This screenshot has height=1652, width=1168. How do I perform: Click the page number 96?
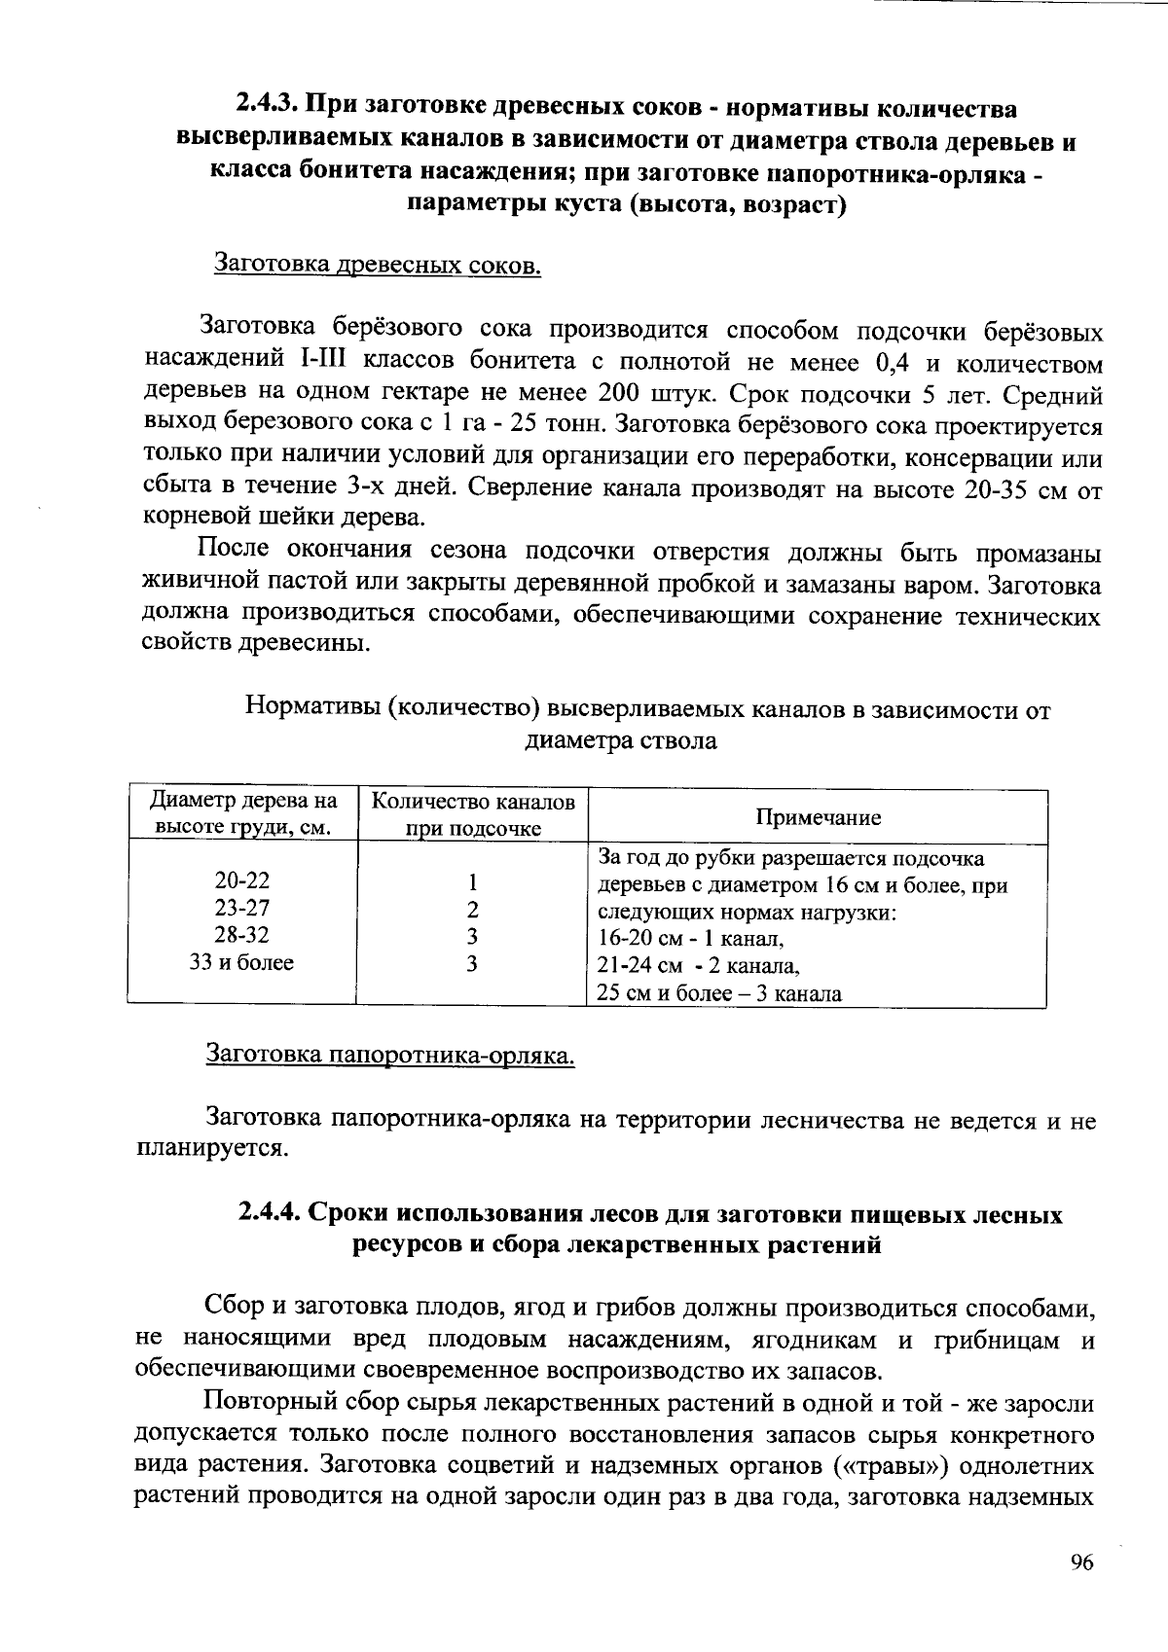(x=1082, y=1562)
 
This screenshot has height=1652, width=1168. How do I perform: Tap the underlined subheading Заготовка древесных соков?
(x=377, y=265)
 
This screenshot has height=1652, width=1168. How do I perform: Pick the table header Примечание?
(x=818, y=817)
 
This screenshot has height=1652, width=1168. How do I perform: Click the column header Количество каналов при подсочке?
(x=474, y=815)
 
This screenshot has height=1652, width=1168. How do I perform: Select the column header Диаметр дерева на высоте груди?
(x=243, y=814)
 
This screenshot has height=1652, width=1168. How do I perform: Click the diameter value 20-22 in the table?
(x=242, y=880)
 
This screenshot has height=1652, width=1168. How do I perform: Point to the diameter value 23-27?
(x=242, y=908)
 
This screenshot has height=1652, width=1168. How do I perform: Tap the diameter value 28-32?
(x=242, y=935)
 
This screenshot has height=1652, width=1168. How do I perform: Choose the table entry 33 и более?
(x=242, y=962)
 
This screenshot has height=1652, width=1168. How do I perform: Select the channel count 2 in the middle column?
(x=472, y=910)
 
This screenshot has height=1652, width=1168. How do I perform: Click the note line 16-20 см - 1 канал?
(x=690, y=940)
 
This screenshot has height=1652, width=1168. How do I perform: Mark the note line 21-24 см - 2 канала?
(x=698, y=967)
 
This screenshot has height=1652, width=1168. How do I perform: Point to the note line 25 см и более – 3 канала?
(x=718, y=994)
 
